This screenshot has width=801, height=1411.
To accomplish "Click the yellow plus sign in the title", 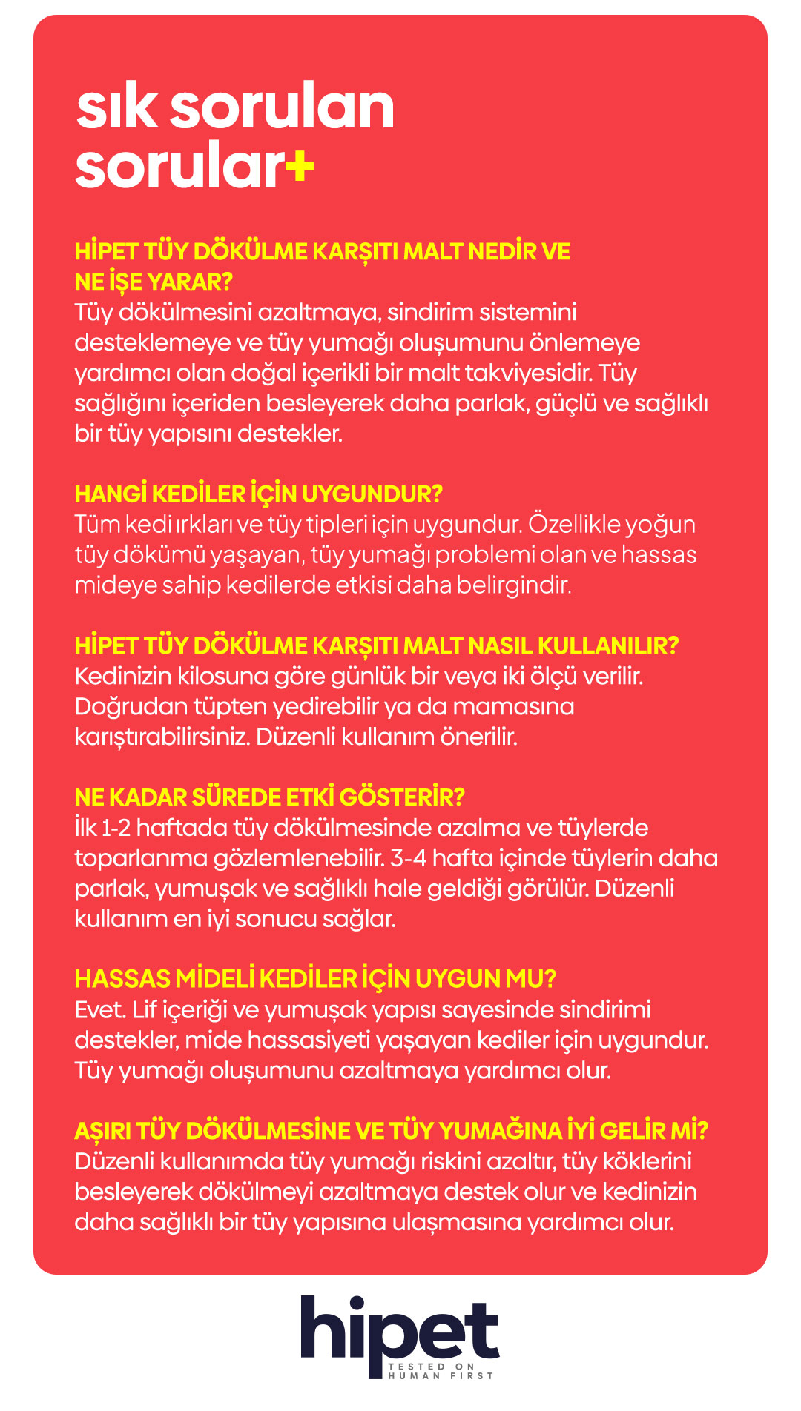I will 300,167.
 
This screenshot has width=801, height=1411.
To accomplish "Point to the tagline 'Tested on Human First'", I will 441,1370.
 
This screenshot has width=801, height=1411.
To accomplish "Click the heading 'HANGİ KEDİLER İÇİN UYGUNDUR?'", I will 258,494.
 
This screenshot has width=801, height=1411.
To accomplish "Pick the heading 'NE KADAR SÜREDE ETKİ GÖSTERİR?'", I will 269,797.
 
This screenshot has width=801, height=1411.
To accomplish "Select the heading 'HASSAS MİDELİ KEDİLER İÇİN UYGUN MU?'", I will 315,979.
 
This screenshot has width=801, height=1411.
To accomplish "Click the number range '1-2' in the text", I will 115,828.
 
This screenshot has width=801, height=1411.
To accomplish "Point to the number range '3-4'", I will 407,858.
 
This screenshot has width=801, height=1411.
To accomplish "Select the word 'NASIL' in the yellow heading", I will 498,645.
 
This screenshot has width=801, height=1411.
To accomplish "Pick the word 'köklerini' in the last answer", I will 647,1161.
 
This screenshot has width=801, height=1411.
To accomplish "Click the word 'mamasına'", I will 513,706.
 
